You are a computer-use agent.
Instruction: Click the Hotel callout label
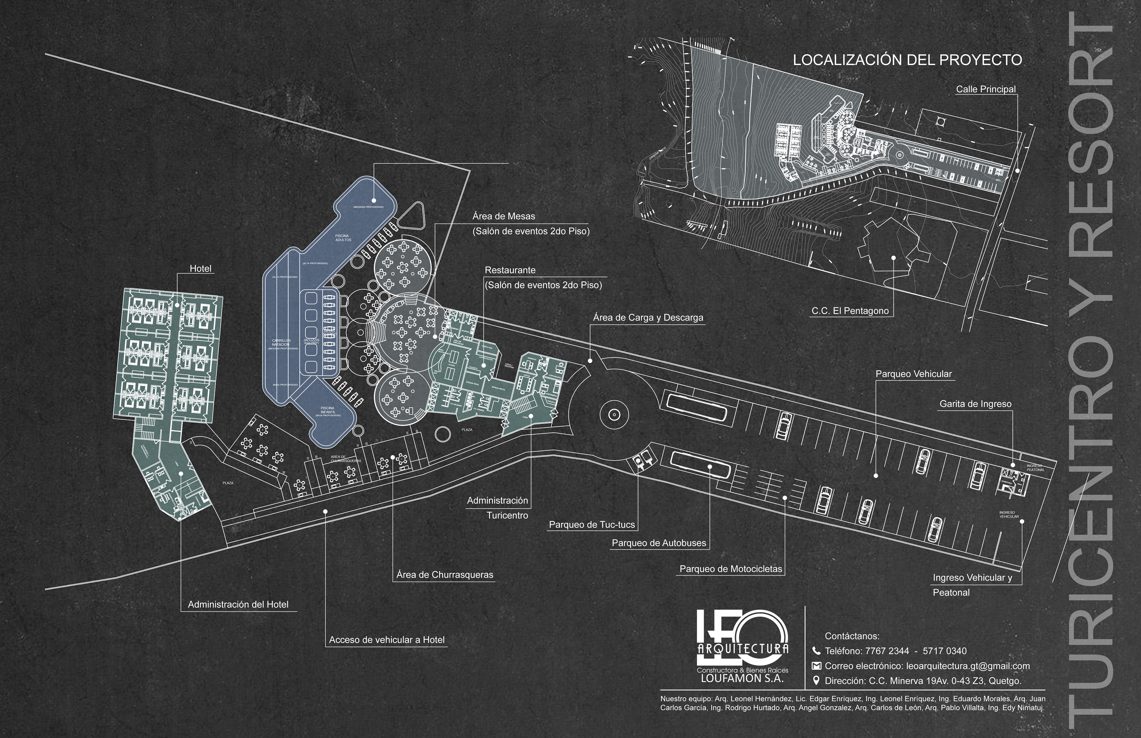pyautogui.click(x=200, y=269)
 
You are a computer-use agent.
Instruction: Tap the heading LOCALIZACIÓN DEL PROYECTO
pyautogui.click(x=907, y=60)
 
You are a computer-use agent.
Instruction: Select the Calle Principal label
pyautogui.click(x=986, y=89)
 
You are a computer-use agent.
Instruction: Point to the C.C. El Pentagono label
pyautogui.click(x=850, y=311)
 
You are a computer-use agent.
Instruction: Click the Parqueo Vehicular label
pyautogui.click(x=914, y=374)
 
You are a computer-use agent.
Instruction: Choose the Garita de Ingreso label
pyautogui.click(x=975, y=404)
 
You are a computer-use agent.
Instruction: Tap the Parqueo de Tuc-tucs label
pyautogui.click(x=592, y=525)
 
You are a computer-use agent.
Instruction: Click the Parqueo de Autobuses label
pyautogui.click(x=659, y=543)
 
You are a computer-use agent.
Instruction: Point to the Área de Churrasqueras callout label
pyautogui.click(x=445, y=575)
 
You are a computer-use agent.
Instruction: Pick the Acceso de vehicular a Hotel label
pyautogui.click(x=386, y=640)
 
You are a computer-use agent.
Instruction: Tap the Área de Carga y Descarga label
pyautogui.click(x=648, y=318)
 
